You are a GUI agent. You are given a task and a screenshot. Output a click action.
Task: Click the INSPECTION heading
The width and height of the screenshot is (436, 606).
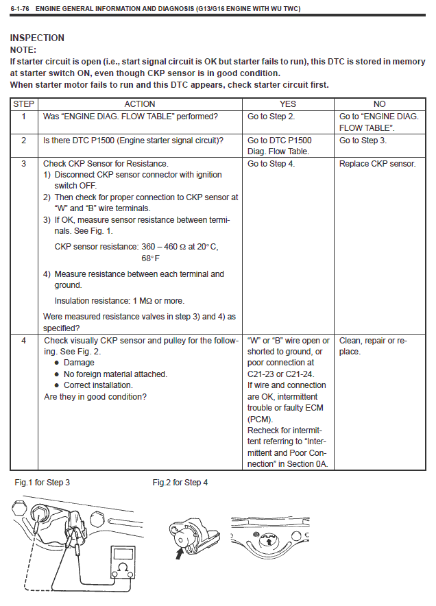coord(37,38)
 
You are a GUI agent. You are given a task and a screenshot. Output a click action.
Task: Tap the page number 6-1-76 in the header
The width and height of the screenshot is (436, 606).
coord(20,8)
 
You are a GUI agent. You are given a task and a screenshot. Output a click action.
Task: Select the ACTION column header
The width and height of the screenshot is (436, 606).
coord(139,104)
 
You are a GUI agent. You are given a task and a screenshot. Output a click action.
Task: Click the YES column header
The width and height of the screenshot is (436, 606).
coord(288,104)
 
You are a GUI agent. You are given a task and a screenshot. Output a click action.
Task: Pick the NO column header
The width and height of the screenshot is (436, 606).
coord(379,104)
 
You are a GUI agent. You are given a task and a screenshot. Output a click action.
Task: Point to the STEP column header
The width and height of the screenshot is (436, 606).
coord(24,104)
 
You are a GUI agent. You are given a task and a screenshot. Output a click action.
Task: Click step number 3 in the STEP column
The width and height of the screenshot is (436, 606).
coord(24,164)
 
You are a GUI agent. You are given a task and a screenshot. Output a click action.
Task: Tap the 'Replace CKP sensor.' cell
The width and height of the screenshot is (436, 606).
coord(377,164)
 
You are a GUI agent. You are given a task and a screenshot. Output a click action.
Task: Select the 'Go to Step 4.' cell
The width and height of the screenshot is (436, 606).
coord(271,164)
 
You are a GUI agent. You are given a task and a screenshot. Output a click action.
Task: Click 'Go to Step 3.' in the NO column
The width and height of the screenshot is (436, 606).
coord(363,141)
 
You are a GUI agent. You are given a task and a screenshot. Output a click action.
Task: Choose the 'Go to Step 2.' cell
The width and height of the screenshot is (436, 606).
coord(271,117)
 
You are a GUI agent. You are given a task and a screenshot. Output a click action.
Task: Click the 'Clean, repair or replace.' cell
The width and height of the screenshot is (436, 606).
coord(373,346)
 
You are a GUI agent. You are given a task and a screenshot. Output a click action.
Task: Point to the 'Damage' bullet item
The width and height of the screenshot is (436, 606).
coord(79,363)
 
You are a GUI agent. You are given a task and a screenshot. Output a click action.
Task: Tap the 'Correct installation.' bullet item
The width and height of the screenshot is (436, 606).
coord(98,385)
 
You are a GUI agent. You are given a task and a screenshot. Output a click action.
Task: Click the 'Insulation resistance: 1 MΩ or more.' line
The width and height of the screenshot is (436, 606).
coord(119,300)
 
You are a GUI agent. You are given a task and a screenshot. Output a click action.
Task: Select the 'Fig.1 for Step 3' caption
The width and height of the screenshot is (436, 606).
coord(43,483)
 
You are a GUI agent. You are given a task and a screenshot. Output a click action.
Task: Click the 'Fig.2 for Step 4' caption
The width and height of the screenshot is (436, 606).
coord(180,483)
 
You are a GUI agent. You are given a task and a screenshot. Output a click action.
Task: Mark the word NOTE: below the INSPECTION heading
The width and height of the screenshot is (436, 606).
coord(23,50)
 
